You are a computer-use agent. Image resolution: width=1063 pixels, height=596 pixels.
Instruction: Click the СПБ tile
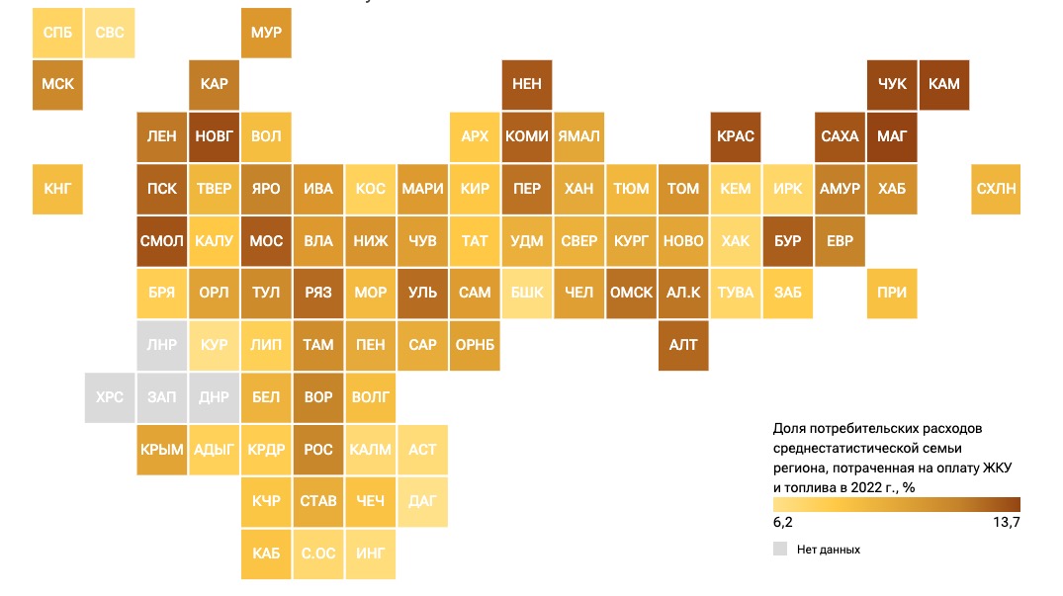tap(57, 33)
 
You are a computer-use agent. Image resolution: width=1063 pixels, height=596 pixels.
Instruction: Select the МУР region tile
tap(267, 33)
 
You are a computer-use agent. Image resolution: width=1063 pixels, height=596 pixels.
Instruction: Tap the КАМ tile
tap(944, 84)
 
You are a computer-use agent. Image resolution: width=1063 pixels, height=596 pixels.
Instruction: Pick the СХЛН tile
tap(996, 189)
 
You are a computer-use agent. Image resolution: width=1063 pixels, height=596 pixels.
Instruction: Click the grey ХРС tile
tap(110, 397)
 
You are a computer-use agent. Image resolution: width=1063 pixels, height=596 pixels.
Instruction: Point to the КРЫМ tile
tap(162, 450)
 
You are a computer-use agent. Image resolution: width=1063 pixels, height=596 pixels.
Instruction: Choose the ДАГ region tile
tap(422, 501)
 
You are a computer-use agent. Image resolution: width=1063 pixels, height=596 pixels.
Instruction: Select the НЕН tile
tap(527, 84)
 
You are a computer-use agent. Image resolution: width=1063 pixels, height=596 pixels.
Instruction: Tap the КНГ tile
tap(57, 189)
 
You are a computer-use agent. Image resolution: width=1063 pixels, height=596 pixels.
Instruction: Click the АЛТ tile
tap(683, 345)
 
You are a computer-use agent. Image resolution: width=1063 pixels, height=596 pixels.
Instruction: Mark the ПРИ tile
tap(892, 293)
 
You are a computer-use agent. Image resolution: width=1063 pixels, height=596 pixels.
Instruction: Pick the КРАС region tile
tap(736, 136)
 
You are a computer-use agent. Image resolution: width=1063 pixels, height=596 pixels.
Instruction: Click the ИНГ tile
tap(371, 553)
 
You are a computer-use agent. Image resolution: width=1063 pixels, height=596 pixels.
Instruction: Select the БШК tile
tap(527, 293)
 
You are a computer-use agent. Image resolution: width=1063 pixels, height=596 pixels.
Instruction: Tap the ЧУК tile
tap(892, 84)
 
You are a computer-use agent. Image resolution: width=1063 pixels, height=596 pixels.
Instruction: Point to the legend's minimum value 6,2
tap(782, 522)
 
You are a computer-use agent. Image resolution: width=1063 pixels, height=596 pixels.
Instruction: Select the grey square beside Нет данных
tap(780, 549)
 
